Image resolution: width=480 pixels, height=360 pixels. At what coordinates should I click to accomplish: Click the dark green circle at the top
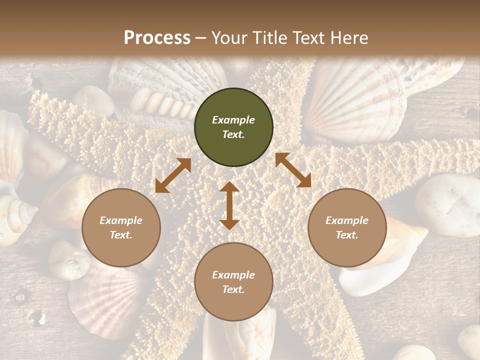233,127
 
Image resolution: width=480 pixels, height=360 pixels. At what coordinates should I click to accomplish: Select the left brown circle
121,228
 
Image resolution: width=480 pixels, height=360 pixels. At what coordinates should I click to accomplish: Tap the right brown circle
347,228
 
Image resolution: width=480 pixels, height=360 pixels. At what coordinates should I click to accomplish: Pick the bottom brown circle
233,282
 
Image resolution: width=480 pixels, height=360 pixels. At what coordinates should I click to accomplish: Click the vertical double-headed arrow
229,205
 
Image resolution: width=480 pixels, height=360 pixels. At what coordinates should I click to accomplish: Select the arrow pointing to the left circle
173,175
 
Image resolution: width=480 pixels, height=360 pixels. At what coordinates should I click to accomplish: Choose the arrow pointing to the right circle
293,170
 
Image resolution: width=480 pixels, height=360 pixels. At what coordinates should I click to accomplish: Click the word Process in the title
157,37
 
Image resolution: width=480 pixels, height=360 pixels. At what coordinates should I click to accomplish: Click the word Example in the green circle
233,120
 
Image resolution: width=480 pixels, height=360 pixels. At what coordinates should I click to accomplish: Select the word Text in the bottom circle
233,289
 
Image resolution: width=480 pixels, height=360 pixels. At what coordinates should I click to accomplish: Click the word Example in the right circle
347,220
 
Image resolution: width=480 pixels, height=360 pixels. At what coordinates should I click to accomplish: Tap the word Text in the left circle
121,235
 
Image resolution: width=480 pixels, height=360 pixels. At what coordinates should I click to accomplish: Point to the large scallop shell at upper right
355,100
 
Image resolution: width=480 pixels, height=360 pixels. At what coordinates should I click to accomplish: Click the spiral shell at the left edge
15,215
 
